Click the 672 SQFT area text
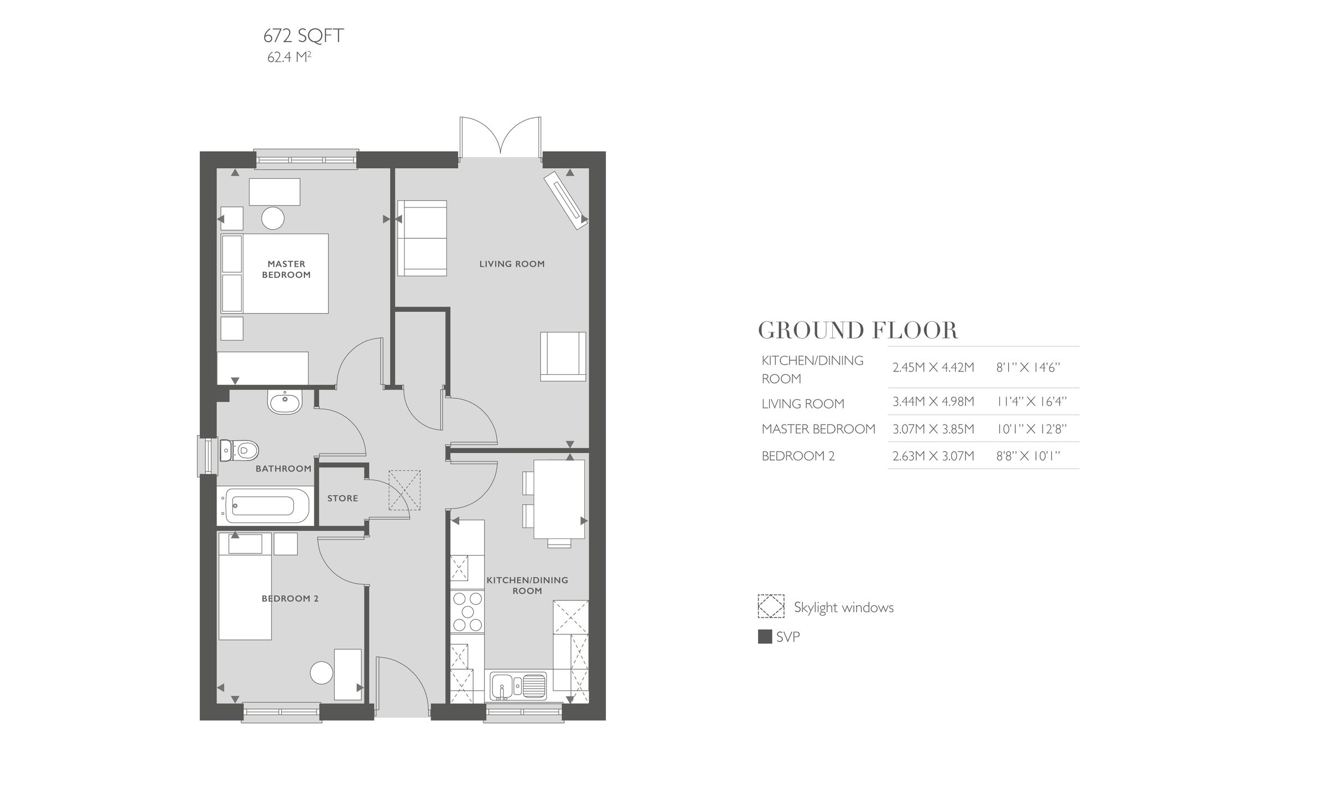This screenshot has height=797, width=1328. pyautogui.click(x=303, y=36)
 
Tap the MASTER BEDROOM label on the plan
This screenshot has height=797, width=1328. pyautogui.click(x=286, y=270)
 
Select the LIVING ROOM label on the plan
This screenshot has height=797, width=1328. pyautogui.click(x=512, y=264)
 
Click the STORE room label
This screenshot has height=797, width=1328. pyautogui.click(x=343, y=498)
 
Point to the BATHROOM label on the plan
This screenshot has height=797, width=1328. pyautogui.click(x=283, y=469)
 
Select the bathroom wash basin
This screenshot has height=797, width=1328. pyautogui.click(x=285, y=401)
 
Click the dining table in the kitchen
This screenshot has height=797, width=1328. pyautogui.click(x=559, y=499)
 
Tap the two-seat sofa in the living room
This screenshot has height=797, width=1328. pyautogui.click(x=422, y=238)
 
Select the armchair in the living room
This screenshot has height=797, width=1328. pyautogui.click(x=563, y=356)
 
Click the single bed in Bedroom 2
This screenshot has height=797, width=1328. pyautogui.click(x=245, y=587)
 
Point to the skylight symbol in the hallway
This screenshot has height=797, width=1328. pyautogui.click(x=404, y=490)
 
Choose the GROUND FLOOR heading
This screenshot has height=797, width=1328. pyautogui.click(x=857, y=330)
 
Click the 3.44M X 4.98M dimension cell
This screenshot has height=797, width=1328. pyautogui.click(x=933, y=401)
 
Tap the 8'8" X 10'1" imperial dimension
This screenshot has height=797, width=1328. pyautogui.click(x=1028, y=456)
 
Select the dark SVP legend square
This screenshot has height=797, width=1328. pyautogui.click(x=765, y=637)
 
